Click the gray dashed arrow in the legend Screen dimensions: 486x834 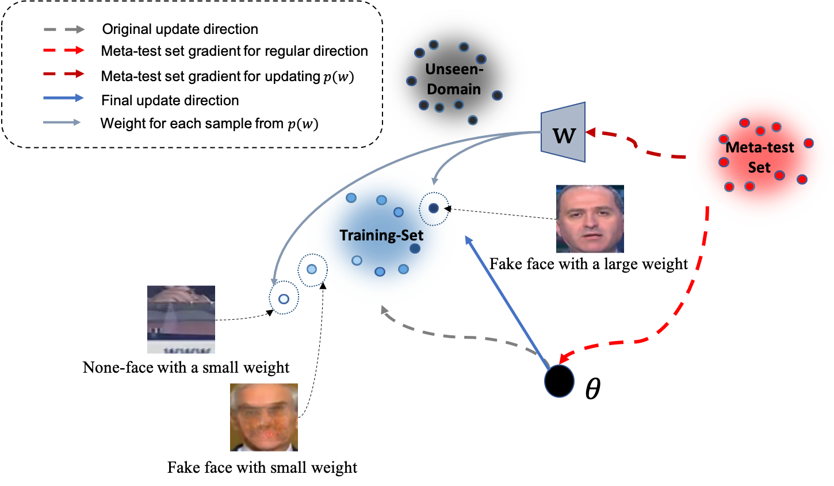64,29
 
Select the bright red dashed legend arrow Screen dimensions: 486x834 64,51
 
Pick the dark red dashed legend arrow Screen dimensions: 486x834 64,74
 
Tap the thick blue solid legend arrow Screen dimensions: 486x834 63,98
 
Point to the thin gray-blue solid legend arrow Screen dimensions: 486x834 62,122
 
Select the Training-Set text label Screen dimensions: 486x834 381,235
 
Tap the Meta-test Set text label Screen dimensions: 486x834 759,157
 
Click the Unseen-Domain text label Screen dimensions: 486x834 454,79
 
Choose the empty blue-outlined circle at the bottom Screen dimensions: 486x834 559,381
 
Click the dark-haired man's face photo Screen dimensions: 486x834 590,219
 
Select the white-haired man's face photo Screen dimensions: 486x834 263,417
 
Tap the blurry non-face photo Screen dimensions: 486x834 181,319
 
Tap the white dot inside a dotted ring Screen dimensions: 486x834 284,299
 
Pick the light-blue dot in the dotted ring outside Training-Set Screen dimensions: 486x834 312,269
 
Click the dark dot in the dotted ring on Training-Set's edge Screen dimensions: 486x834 434,208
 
